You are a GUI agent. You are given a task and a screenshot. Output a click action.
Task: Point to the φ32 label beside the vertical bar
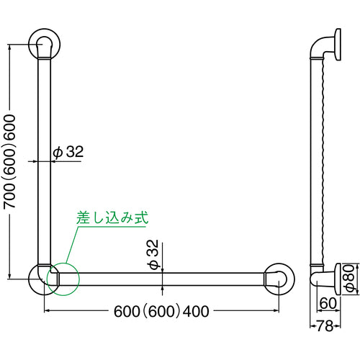click(69, 152)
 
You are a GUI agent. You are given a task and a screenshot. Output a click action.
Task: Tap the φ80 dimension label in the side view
click(348, 276)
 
